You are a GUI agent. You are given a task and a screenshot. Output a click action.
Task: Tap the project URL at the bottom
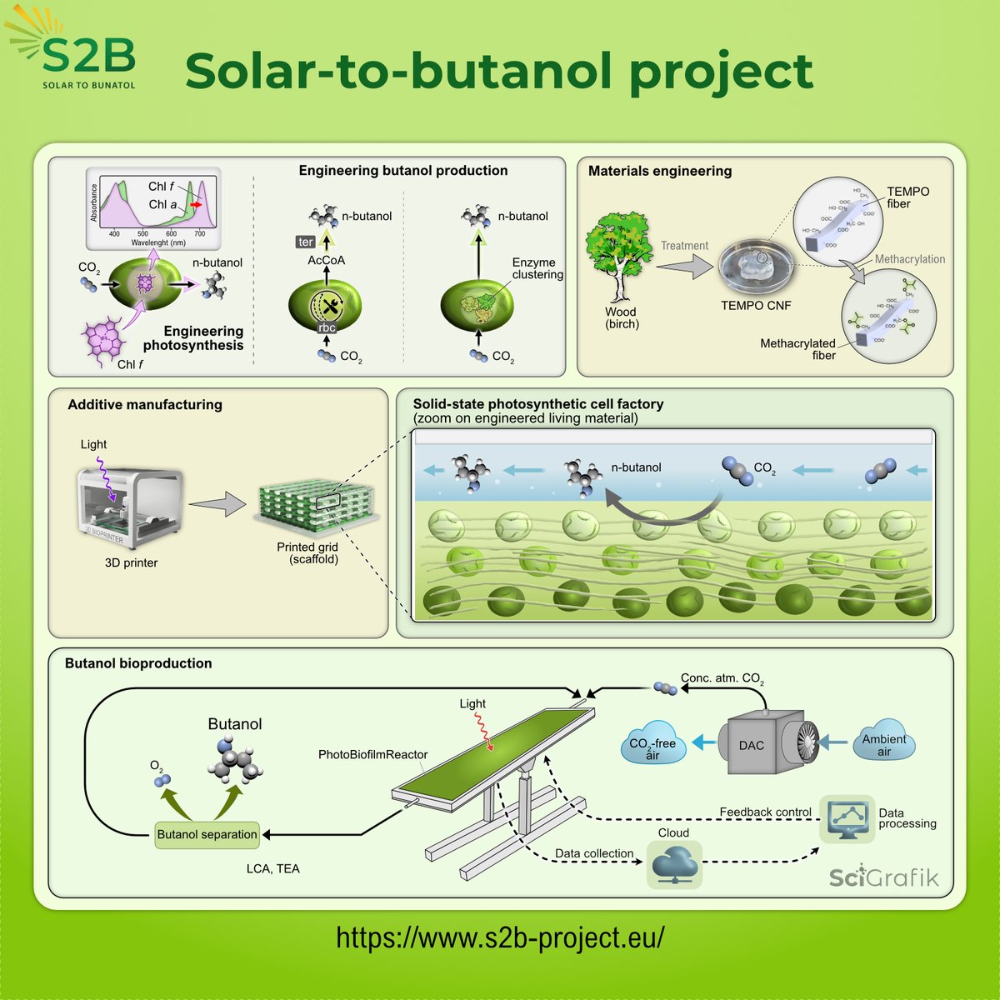[500, 937]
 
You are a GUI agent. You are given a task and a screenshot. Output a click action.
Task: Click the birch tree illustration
[621, 258]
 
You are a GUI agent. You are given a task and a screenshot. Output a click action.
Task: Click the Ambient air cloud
[883, 744]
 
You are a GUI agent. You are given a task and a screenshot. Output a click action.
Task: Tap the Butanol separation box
[207, 834]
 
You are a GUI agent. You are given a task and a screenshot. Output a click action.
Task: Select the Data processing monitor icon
[847, 819]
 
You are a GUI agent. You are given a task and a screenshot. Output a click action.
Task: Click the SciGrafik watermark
[883, 877]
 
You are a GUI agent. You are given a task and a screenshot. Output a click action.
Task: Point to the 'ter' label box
[306, 242]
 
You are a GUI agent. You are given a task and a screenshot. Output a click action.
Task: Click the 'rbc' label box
[327, 327]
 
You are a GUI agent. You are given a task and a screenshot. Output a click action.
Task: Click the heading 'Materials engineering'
[660, 171]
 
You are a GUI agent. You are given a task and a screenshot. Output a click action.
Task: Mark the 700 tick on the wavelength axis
[200, 234]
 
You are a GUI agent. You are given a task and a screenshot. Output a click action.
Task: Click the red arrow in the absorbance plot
[197, 204]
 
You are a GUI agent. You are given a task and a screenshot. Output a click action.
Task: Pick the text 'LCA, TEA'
[272, 868]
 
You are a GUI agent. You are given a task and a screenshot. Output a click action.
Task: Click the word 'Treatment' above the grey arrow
[684, 246]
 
